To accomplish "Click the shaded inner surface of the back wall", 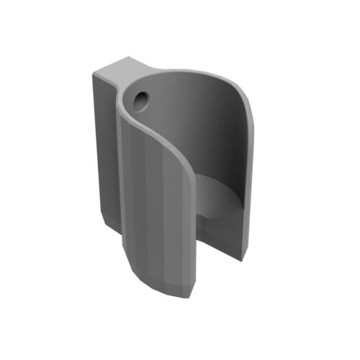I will (216, 130).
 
